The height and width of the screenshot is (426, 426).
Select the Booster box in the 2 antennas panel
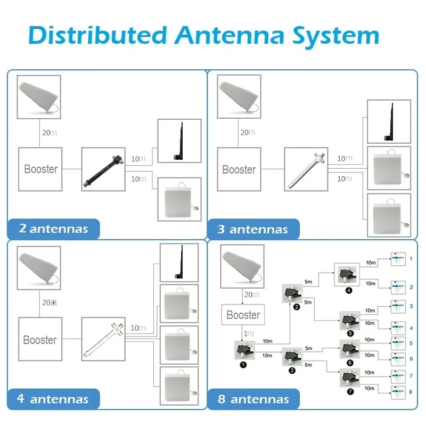click(x=40, y=169)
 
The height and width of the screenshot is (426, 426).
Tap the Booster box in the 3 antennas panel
click(x=239, y=169)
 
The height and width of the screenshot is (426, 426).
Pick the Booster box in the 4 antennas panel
click(x=40, y=340)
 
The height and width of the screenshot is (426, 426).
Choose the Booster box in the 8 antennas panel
click(x=243, y=315)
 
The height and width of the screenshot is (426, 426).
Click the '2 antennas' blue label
click(x=53, y=229)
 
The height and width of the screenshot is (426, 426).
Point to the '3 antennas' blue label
click(x=253, y=230)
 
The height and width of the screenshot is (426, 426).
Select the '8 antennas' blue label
click(x=253, y=399)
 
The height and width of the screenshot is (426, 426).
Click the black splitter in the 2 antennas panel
click(x=102, y=169)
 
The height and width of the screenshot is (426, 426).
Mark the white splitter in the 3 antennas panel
click(x=305, y=169)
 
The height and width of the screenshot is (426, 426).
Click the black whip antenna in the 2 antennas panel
click(x=179, y=141)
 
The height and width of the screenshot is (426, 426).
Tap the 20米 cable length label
click(x=49, y=302)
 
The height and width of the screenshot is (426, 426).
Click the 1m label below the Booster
click(x=249, y=333)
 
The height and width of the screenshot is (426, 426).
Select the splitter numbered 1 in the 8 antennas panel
click(x=243, y=351)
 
